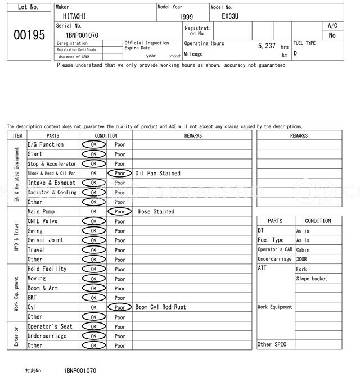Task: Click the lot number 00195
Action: pyautogui.click(x=29, y=35)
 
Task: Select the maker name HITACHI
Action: pyautogui.click(x=74, y=16)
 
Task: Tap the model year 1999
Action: pyautogui.click(x=186, y=17)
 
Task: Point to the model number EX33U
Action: pyautogui.click(x=230, y=16)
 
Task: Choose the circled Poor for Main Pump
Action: pyautogui.click(x=119, y=212)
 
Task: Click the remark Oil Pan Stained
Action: pyautogui.click(x=158, y=174)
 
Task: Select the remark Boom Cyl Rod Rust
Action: pyautogui.click(x=160, y=307)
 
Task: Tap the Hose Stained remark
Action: pyautogui.click(x=156, y=212)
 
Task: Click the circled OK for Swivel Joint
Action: pyautogui.click(x=93, y=240)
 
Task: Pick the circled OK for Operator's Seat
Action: pyautogui.click(x=93, y=326)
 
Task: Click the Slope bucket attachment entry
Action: pyautogui.click(x=311, y=279)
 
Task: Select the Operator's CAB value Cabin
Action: pyautogui.click(x=303, y=250)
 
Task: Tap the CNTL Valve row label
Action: pyautogui.click(x=42, y=221)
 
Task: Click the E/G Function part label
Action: pyautogui.click(x=46, y=145)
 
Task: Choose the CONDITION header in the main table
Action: pyautogui.click(x=106, y=135)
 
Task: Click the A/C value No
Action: pyautogui.click(x=332, y=35)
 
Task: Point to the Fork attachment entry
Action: pyautogui.click(x=301, y=269)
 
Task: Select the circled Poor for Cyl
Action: pyautogui.click(x=119, y=307)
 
